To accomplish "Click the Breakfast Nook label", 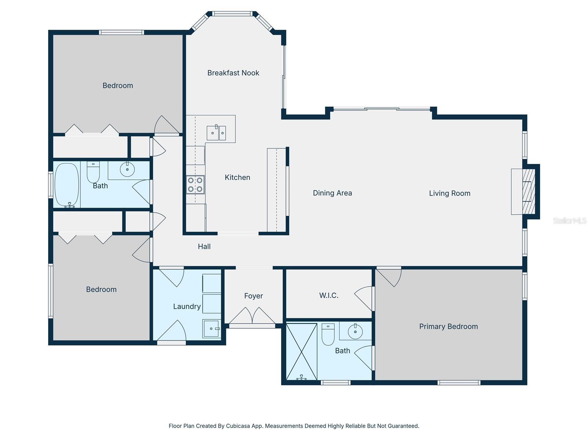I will tap(233, 73).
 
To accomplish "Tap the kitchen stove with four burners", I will tap(195, 184).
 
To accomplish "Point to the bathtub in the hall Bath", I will tap(67, 185).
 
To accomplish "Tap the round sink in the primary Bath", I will tap(355, 331).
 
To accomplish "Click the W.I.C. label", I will tap(329, 295).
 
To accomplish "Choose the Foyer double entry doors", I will tap(252, 316).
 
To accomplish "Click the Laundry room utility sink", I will tap(211, 329).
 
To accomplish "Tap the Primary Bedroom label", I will tap(448, 326).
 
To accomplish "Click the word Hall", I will tap(204, 247).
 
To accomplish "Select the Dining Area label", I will tap(332, 193).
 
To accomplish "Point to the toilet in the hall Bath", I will tap(93, 172).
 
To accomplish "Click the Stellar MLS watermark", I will tap(569, 220).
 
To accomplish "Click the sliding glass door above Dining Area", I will tap(381, 109).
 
